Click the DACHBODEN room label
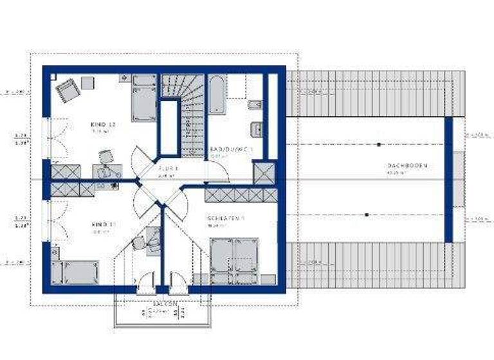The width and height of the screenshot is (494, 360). [x=407, y=166]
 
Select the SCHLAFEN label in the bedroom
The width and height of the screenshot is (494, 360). [x=224, y=219]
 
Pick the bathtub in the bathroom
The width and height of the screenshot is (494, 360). [x=216, y=96]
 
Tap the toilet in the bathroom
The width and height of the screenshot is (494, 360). [x=252, y=105]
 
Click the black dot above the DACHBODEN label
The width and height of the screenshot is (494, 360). [x=378, y=144]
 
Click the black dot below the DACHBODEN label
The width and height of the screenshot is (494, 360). [x=367, y=215]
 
